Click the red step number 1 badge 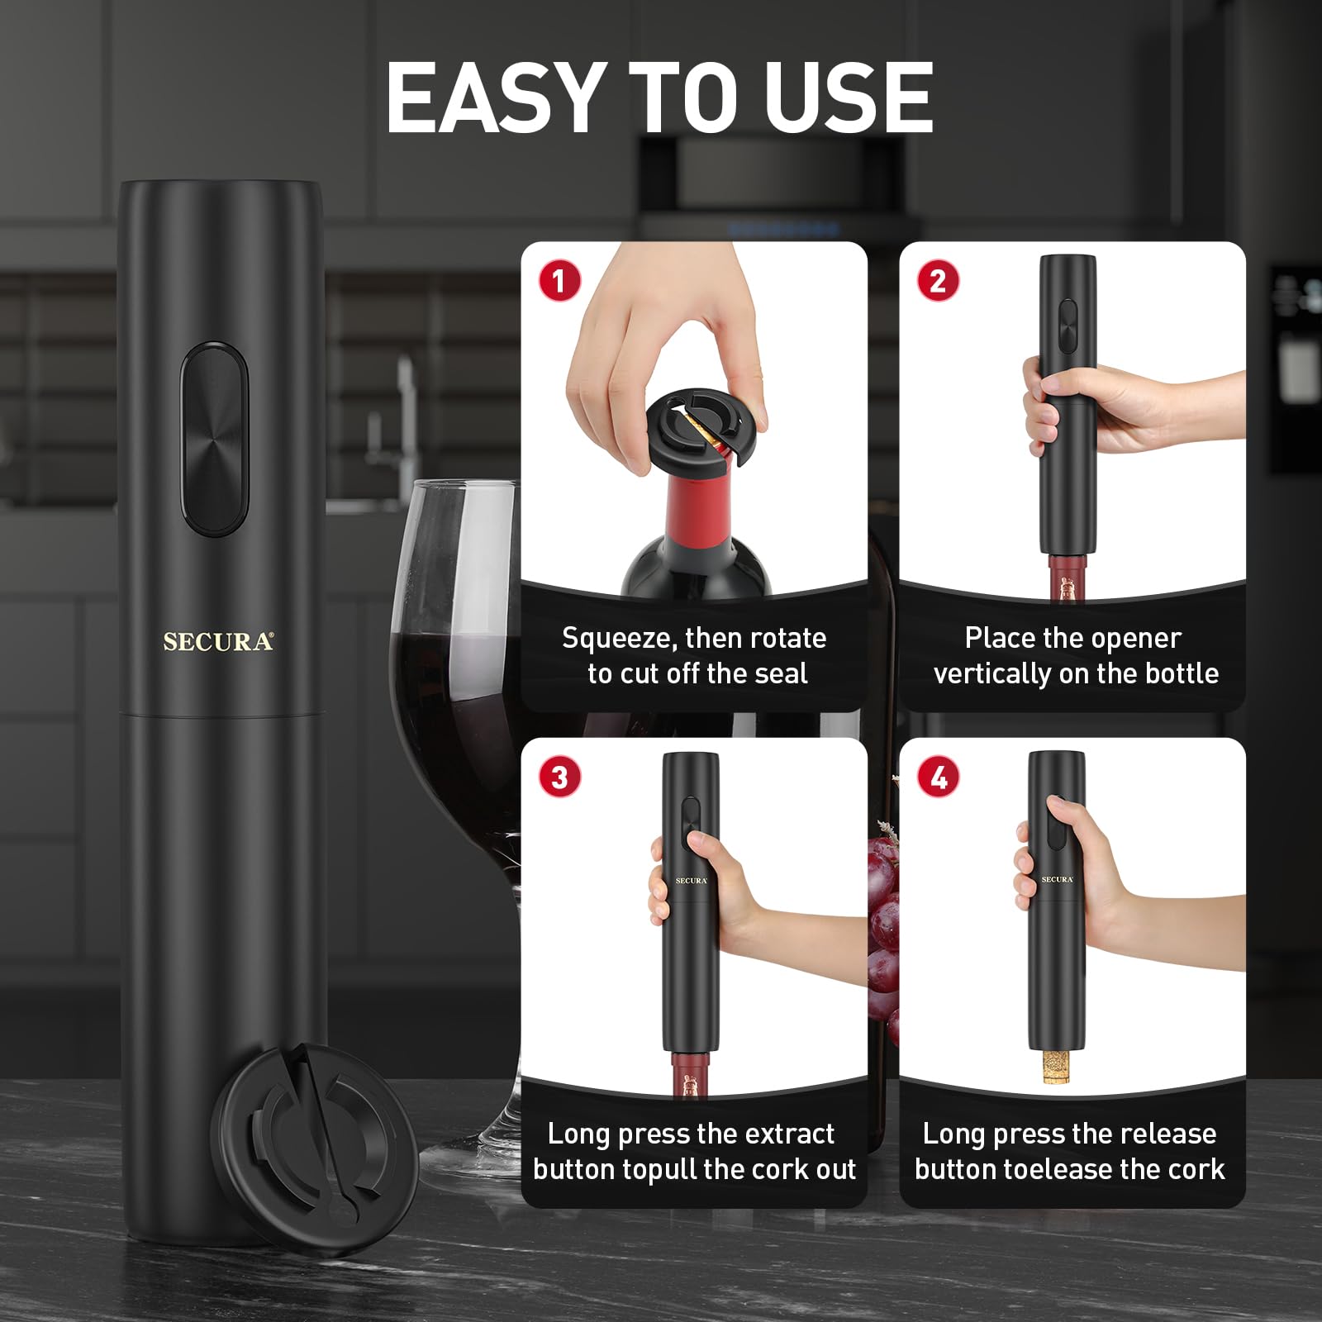click(x=560, y=281)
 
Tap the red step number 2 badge click(x=938, y=281)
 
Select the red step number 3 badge click(x=560, y=777)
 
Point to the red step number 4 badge click(x=939, y=777)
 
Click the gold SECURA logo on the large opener click(x=218, y=642)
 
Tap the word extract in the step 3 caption click(x=784, y=1134)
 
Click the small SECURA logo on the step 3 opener click(x=691, y=881)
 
